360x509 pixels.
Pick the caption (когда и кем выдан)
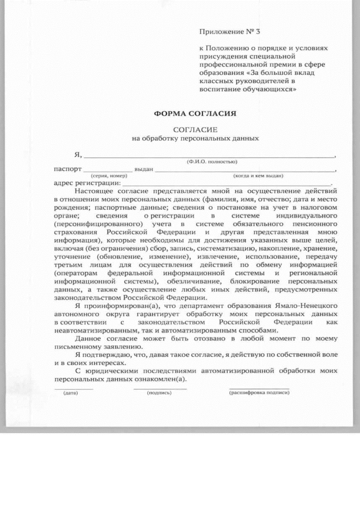click(258, 175)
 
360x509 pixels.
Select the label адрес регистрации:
click(87, 183)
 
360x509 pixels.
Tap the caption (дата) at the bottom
click(71, 392)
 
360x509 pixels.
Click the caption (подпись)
click(159, 392)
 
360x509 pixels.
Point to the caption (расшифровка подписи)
click(259, 392)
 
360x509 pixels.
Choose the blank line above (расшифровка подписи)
click(259, 388)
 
